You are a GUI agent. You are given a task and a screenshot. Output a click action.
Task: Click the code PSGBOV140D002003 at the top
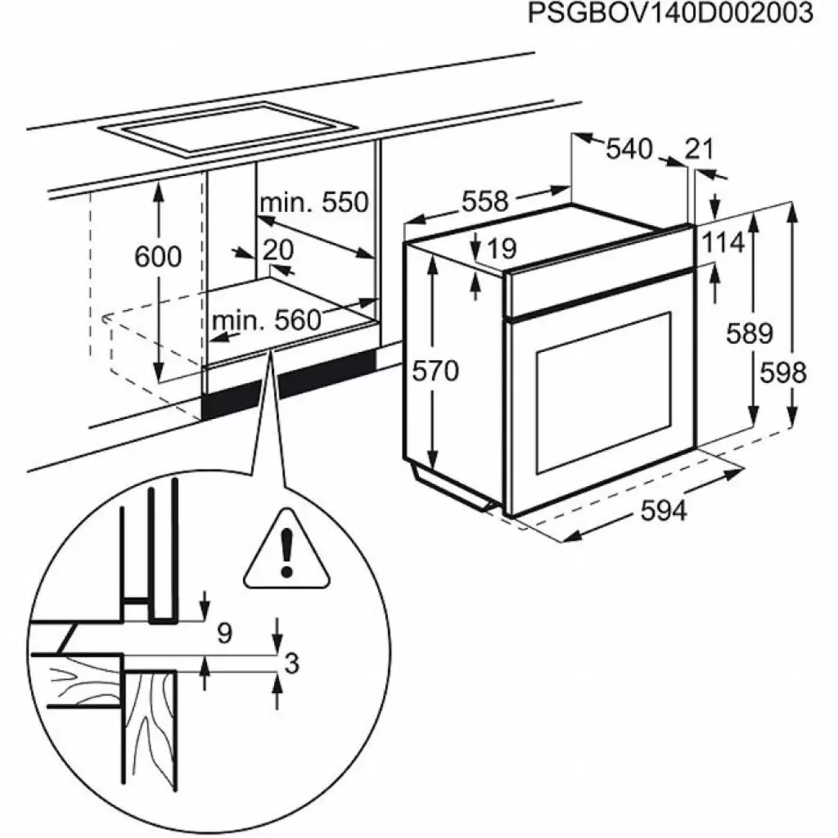670,14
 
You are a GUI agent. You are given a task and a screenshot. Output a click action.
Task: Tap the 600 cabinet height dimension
158,256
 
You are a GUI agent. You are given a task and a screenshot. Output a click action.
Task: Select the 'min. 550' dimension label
314,202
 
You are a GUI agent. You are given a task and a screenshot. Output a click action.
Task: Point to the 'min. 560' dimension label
266,320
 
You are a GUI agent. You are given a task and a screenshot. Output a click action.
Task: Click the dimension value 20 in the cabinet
278,250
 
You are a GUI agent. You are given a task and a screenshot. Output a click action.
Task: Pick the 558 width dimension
485,200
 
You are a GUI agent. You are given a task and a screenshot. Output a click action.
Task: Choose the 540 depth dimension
629,149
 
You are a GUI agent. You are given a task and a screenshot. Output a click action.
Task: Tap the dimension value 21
699,149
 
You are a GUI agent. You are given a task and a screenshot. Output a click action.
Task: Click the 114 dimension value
723,242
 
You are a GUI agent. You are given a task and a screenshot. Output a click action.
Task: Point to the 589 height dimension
751,333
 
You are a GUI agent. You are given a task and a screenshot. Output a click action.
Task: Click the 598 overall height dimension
784,372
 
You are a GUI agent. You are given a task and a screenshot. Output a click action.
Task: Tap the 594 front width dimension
663,511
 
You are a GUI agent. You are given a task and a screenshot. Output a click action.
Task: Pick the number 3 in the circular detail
291,665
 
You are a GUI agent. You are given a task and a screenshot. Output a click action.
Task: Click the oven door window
604,394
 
